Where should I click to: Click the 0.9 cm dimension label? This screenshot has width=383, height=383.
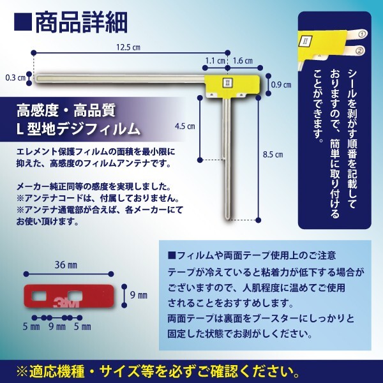click(x=282, y=84)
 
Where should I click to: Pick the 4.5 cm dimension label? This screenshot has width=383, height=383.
click(x=184, y=126)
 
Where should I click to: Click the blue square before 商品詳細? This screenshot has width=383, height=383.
click(x=22, y=23)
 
